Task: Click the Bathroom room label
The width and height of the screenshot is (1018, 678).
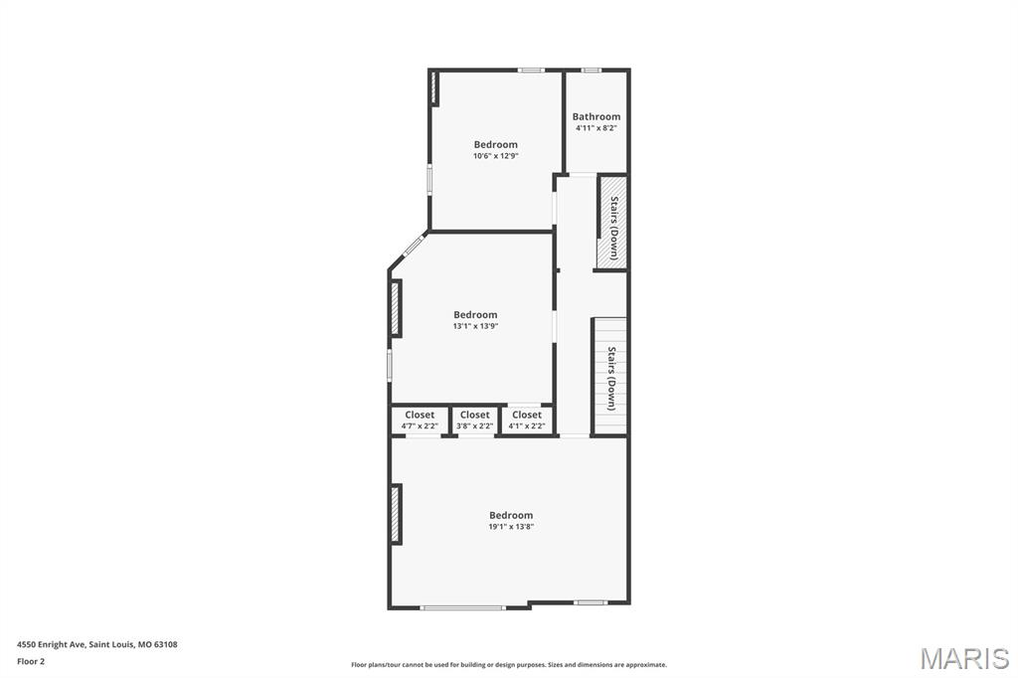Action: [x=596, y=117]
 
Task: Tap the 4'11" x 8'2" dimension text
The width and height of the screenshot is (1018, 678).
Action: [x=596, y=128]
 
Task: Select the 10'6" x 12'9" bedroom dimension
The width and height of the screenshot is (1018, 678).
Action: [x=495, y=156]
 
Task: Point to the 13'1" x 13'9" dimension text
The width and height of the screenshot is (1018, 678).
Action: [x=475, y=326]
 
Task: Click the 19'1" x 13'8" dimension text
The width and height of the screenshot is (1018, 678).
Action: [x=511, y=527]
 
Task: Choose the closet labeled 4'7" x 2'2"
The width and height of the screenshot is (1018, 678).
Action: [x=420, y=421]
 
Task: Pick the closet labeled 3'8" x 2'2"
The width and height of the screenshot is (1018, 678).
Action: [x=474, y=421]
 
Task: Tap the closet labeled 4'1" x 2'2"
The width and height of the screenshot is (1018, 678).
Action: [x=527, y=421]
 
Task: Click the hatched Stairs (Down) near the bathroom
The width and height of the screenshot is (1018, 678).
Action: [x=612, y=222]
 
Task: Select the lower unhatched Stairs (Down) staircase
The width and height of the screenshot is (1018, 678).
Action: [x=610, y=377]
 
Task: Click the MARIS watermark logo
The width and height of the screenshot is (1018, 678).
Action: [x=964, y=658]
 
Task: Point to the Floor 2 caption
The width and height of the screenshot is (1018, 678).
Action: [x=31, y=662]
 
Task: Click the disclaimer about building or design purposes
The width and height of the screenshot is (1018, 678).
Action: [x=509, y=665]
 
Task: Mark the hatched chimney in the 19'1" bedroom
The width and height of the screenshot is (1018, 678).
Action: [x=396, y=514]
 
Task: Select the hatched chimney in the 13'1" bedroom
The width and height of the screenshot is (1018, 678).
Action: [x=396, y=308]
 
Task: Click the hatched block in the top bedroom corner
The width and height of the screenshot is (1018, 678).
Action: [x=434, y=87]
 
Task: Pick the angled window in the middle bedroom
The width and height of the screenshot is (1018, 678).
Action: [x=415, y=246]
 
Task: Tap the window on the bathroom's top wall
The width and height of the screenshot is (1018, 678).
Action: [x=591, y=71]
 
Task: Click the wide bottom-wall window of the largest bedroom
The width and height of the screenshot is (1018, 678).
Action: [x=462, y=607]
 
